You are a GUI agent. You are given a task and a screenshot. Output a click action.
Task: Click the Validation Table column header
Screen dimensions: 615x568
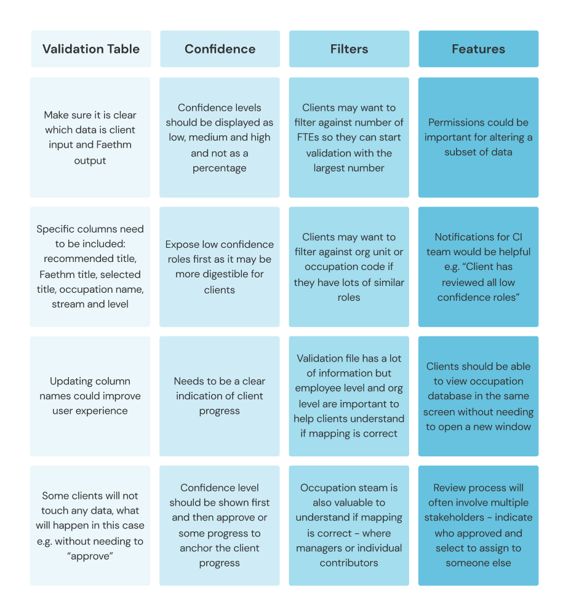click(x=90, y=49)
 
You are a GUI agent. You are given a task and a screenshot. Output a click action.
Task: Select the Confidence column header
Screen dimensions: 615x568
click(x=220, y=49)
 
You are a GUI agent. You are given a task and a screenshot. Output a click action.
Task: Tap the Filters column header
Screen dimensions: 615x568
click(x=349, y=49)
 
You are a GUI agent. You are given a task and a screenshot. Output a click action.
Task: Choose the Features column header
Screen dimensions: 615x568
click(x=478, y=49)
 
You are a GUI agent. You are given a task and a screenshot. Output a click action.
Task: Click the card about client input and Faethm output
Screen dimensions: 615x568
click(x=90, y=137)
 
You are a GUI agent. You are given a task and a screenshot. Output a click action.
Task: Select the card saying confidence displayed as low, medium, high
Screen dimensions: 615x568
click(x=220, y=137)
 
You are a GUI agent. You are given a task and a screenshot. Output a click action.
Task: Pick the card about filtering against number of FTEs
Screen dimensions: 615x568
click(x=349, y=137)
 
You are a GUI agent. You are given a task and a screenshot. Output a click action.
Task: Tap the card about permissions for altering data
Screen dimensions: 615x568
click(x=478, y=137)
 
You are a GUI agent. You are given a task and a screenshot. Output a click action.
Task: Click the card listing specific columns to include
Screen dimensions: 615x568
click(x=90, y=266)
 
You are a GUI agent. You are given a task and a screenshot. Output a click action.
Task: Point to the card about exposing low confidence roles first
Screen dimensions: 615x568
click(x=220, y=266)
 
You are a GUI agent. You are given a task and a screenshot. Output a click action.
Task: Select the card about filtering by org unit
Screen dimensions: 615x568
click(x=349, y=266)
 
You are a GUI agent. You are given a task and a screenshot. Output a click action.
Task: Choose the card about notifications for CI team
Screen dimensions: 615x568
click(x=478, y=266)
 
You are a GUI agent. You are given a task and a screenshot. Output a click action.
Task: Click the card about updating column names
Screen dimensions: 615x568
click(x=90, y=395)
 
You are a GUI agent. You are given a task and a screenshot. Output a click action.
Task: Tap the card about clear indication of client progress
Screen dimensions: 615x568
click(x=220, y=395)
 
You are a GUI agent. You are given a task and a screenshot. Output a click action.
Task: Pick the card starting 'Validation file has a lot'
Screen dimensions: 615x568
click(x=349, y=395)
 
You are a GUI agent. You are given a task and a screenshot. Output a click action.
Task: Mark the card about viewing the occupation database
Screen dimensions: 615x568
click(x=478, y=395)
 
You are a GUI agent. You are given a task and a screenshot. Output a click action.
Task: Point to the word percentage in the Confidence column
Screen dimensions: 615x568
click(x=220, y=168)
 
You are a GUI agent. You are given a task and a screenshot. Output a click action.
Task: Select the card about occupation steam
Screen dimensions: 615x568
click(x=349, y=525)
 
